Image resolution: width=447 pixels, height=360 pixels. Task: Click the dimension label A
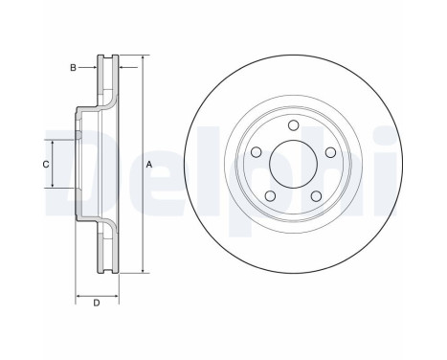pyautogui.click(x=149, y=165)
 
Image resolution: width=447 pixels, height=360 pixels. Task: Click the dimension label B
pyautogui.click(x=73, y=68)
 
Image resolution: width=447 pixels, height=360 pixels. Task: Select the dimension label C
pyautogui.click(x=46, y=165)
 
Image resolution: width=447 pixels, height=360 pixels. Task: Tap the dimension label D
pyautogui.click(x=97, y=303)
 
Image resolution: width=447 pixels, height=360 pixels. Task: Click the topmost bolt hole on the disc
pyautogui.click(x=293, y=125)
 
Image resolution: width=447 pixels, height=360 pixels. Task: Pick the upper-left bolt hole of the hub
pyautogui.click(x=256, y=152)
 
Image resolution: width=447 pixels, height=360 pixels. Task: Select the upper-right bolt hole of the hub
pyautogui.click(x=330, y=152)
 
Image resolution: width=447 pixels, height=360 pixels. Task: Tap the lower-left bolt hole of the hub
pyautogui.click(x=270, y=195)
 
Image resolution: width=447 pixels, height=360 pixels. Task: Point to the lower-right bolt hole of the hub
pyautogui.click(x=316, y=196)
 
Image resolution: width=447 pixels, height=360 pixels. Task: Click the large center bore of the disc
pyautogui.click(x=293, y=164)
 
